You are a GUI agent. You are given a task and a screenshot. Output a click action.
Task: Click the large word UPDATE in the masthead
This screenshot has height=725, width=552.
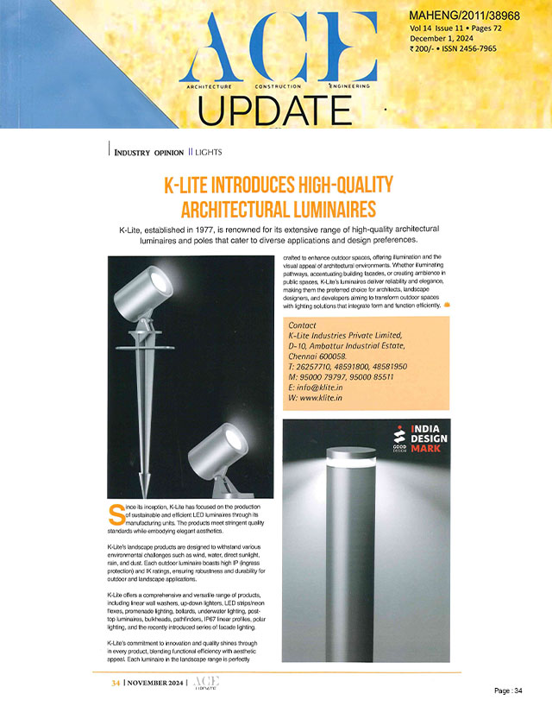pos(267,109)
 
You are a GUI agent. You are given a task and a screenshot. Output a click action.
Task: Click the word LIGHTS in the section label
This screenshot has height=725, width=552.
pos(209,152)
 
